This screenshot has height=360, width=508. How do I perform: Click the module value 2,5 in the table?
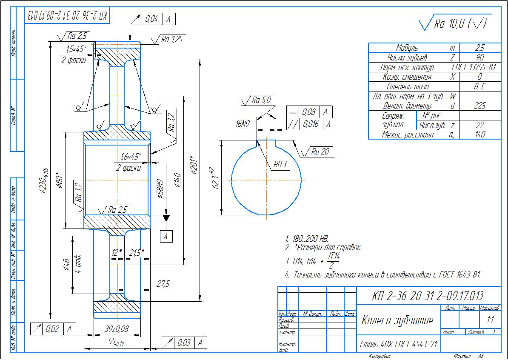point(479,48)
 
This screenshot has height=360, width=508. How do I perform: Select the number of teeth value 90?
point(479,57)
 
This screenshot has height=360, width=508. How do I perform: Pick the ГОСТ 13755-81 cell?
point(474,67)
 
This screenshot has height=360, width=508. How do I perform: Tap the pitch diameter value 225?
point(479,106)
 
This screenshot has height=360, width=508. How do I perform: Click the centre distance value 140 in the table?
point(479,134)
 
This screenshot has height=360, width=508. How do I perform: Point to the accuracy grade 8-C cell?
point(479,86)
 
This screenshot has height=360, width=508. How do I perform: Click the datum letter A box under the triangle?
point(166,236)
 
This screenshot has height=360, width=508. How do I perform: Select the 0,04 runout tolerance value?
point(151,19)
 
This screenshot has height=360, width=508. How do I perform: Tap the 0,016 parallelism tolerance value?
point(311,124)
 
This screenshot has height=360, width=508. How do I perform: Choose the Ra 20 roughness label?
point(321,151)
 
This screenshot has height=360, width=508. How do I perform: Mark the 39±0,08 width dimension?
point(117,328)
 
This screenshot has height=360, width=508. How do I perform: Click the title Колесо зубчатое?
point(397,320)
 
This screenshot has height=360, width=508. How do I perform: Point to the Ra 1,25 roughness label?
point(171,40)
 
